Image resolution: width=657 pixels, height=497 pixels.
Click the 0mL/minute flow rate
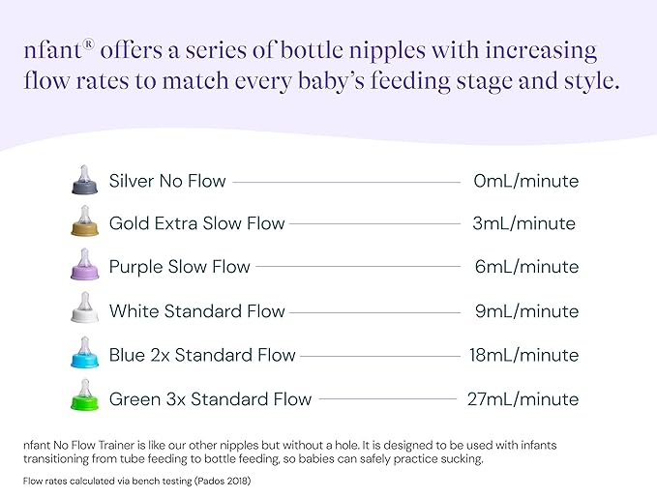[526, 181]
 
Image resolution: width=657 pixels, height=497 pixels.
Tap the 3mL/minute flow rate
[524, 223]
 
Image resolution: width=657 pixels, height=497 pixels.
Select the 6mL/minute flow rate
[526, 267]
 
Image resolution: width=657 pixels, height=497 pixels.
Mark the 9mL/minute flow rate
[526, 311]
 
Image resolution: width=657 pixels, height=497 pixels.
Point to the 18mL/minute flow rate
[523, 355]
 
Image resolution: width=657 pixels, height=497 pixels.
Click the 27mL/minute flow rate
[522, 398]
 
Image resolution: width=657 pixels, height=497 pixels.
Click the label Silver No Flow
[167, 181]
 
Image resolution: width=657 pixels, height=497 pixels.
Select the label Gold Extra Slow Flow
[196, 223]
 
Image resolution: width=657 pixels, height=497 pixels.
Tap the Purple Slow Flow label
[179, 267]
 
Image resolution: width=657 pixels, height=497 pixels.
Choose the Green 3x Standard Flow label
[210, 398]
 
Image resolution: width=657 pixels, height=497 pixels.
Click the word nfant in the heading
[48, 51]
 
